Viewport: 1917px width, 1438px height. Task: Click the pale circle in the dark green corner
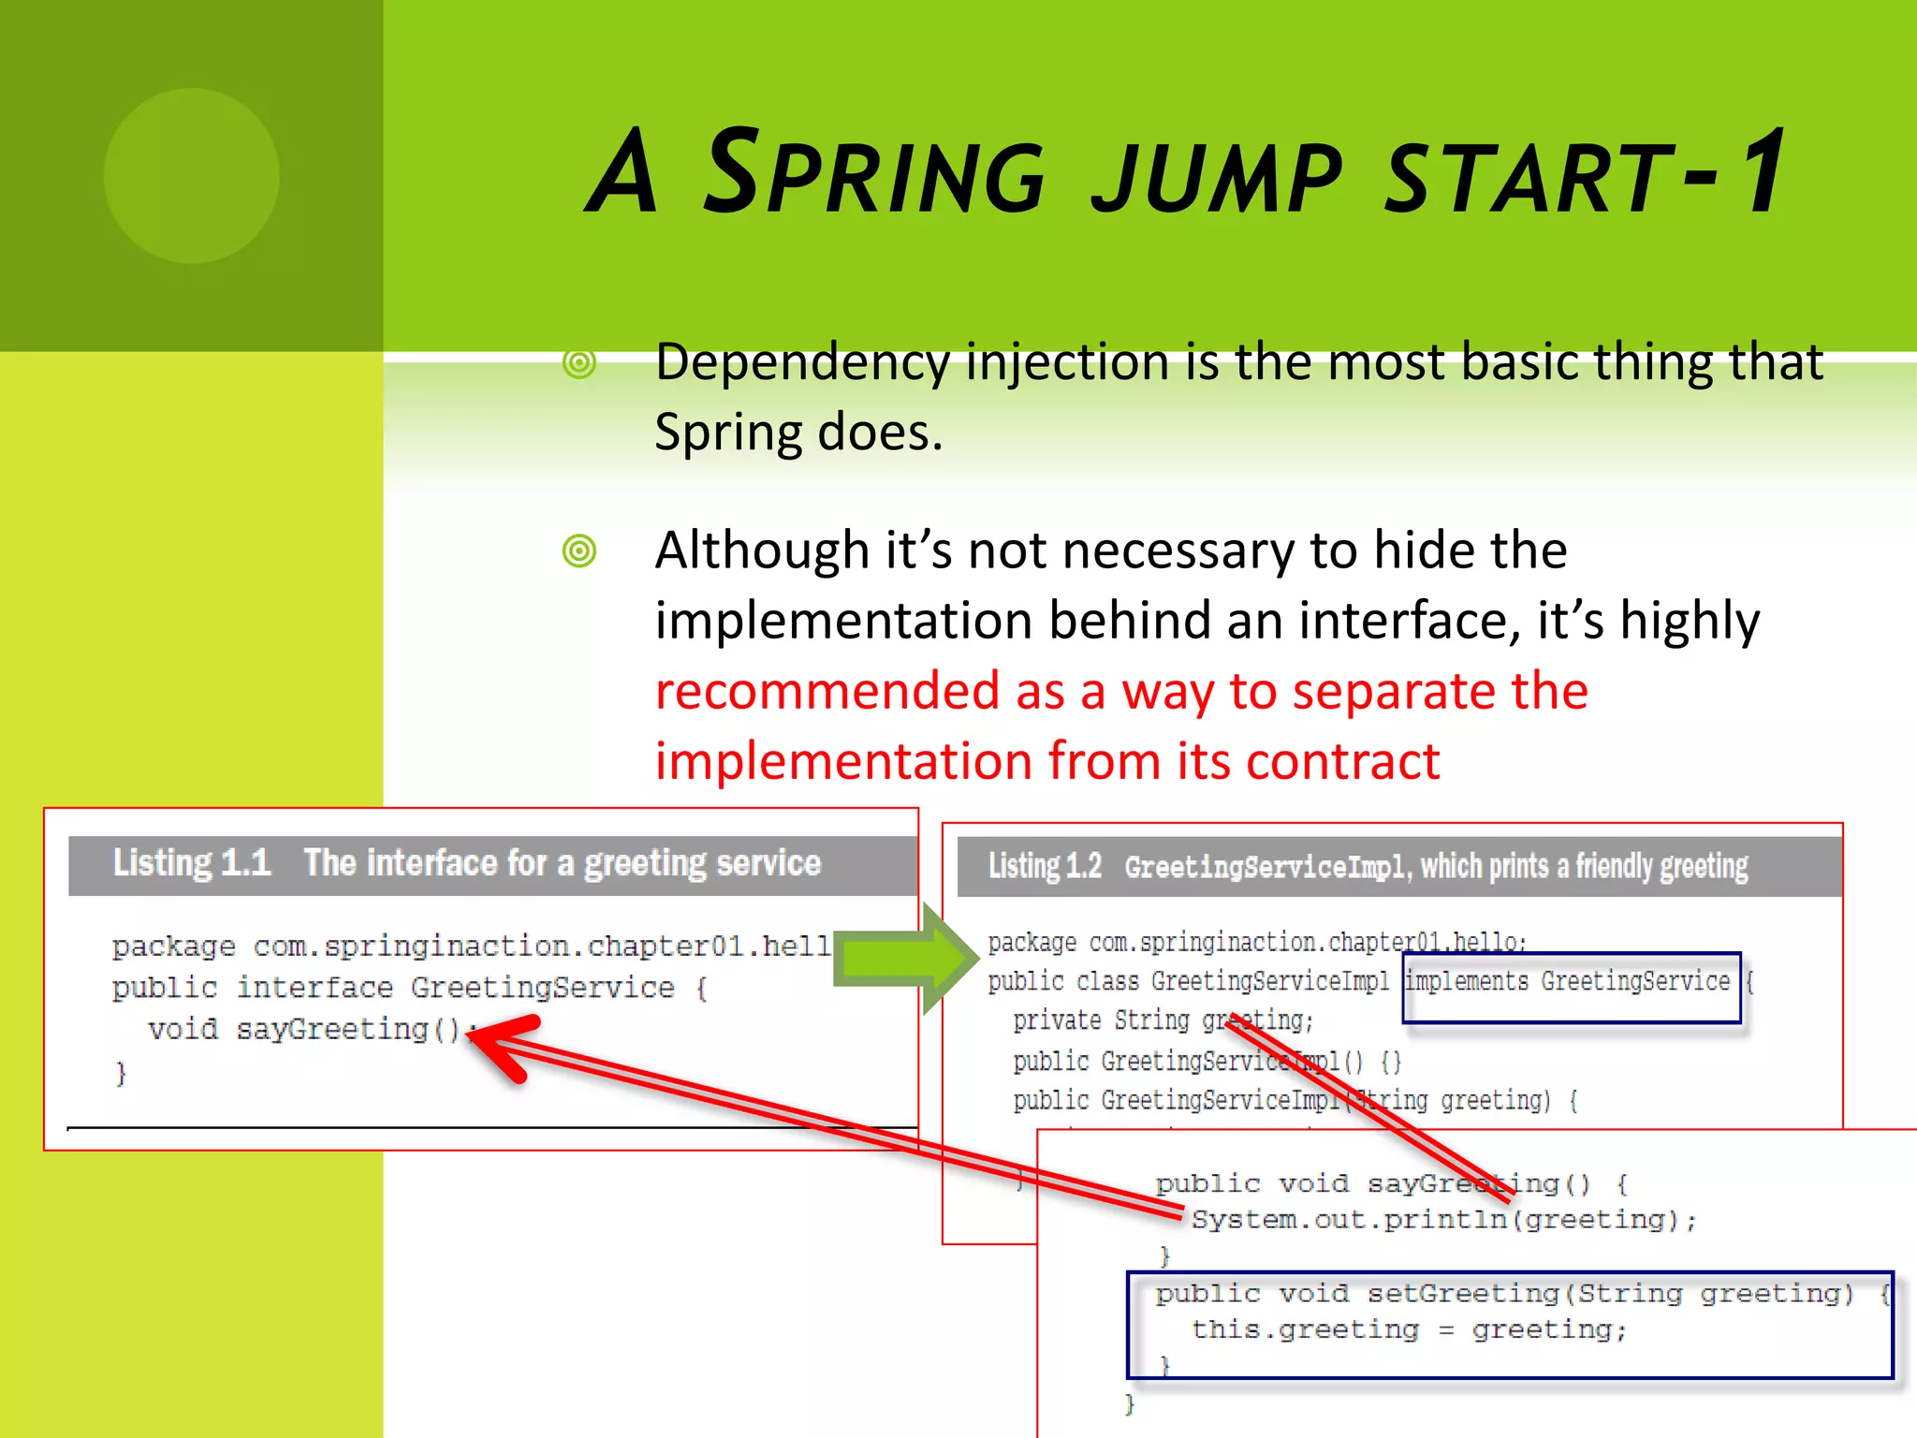click(191, 175)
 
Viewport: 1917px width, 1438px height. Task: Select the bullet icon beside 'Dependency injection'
click(579, 363)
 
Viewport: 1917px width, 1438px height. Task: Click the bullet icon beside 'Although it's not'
click(579, 550)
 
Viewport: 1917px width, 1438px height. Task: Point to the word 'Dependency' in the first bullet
click(801, 363)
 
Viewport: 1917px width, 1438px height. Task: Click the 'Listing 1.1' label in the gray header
click(191, 862)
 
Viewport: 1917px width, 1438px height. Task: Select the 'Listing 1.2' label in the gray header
click(1045, 866)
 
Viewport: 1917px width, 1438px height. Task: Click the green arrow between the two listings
click(903, 959)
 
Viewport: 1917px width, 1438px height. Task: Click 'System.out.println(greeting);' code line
click(1442, 1220)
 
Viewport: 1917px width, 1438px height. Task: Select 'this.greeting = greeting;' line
click(1409, 1329)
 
